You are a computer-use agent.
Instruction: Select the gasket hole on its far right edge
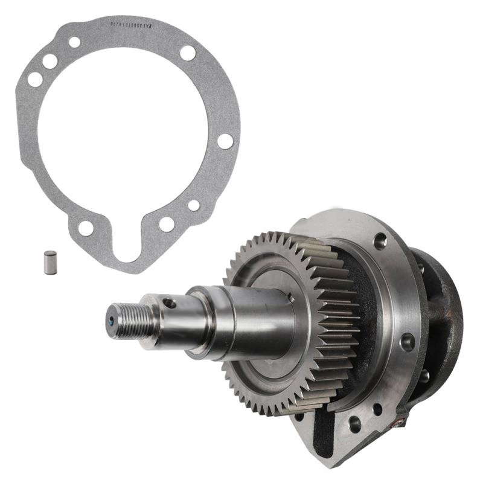pos(225,141)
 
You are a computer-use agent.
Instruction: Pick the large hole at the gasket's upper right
pos(188,53)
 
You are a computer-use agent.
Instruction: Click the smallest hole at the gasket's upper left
pos(74,42)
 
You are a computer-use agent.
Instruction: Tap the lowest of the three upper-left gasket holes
pos(35,79)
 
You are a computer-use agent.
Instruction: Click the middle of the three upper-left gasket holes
pos(50,61)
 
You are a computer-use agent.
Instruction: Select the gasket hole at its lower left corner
pos(86,228)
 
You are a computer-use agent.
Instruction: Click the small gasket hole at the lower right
pos(194,205)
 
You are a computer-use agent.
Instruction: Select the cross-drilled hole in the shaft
pos(170,303)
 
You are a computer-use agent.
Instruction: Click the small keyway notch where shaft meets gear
pos(290,297)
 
